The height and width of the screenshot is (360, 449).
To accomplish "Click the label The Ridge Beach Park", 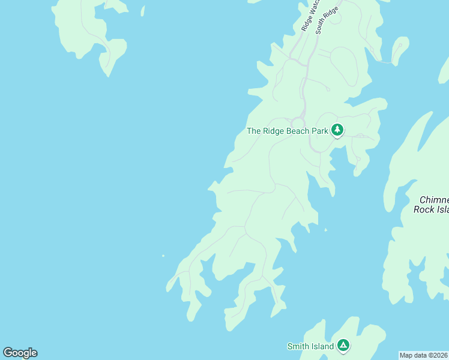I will point(287,131).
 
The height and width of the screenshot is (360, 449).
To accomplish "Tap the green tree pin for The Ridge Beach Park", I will point(337,130).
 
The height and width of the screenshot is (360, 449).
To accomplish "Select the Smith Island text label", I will point(310,346).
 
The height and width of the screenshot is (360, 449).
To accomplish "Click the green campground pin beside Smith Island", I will point(343,345).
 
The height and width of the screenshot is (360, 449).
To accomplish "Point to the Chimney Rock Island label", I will point(431,205).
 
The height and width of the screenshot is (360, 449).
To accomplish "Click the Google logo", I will point(20,353).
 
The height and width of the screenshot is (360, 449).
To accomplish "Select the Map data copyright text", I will point(424,355).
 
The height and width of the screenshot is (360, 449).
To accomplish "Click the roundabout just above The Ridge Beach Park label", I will point(298,121).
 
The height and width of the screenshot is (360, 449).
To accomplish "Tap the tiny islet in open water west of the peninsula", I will point(163,256).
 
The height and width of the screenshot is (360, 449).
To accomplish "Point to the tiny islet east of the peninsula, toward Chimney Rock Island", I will point(326,230).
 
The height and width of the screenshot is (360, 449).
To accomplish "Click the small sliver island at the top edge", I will point(143,10).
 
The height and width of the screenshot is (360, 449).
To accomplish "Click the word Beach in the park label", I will point(300,131).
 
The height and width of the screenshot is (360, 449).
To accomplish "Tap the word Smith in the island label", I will point(298,346).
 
